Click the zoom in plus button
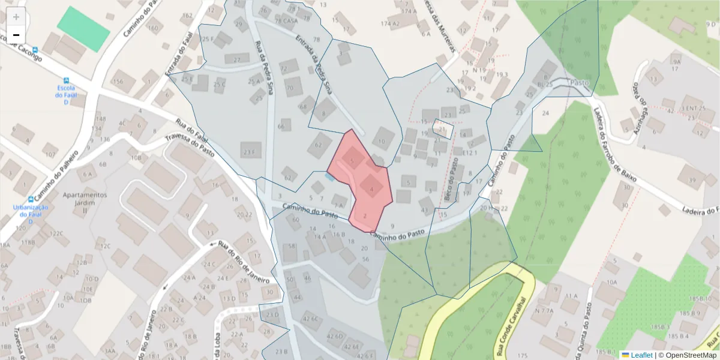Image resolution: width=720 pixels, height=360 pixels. (16, 17)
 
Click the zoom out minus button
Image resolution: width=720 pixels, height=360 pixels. (16, 35)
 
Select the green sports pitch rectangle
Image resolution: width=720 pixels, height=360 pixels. (83, 29)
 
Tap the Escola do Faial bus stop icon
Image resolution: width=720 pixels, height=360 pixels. (66, 80)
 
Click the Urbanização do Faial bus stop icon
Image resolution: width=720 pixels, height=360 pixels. (31, 199)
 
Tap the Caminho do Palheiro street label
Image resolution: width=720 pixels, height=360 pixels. (57, 178)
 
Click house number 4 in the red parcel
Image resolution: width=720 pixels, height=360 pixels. (372, 189)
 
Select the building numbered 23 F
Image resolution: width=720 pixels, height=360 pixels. (251, 151)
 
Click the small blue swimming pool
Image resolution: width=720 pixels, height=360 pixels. (329, 176)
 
